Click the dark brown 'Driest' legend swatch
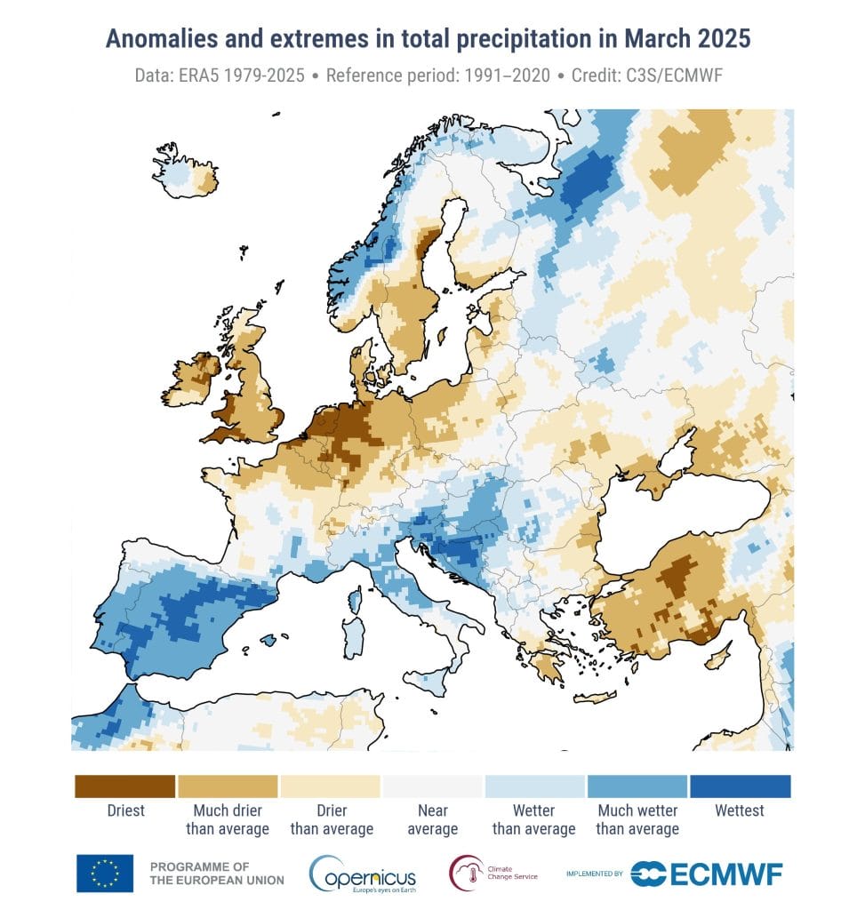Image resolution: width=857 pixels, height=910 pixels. tap(124, 786)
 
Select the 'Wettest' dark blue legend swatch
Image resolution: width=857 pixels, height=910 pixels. tap(740, 786)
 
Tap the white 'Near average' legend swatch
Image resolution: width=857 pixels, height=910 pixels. tap(432, 786)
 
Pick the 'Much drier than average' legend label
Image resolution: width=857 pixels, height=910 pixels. tap(228, 819)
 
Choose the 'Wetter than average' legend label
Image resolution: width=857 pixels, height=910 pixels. tap(534, 819)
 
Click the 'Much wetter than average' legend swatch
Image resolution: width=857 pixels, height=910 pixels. tap(637, 786)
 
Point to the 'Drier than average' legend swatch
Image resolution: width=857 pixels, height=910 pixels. tap(330, 786)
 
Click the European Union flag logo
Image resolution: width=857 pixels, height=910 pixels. tap(105, 873)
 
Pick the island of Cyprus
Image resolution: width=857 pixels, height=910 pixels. tap(718, 659)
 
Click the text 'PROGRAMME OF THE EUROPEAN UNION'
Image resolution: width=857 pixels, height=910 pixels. tap(217, 873)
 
